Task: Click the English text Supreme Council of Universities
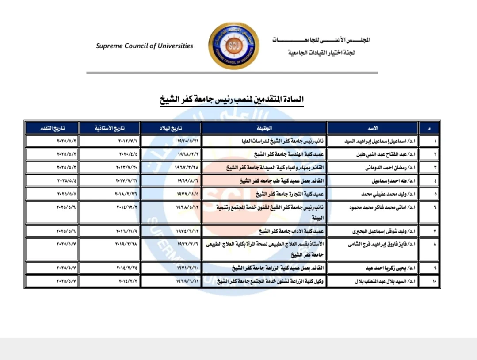point(145,46)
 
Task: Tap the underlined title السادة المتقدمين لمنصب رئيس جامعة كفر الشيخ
point(232,100)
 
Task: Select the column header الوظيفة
point(264,128)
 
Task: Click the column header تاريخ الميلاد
point(171,128)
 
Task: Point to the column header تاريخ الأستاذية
point(110,128)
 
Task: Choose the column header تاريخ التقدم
point(52,128)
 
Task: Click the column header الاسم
point(373,128)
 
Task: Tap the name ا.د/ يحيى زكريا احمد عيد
point(370,268)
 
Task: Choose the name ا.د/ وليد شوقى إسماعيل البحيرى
point(367,231)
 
